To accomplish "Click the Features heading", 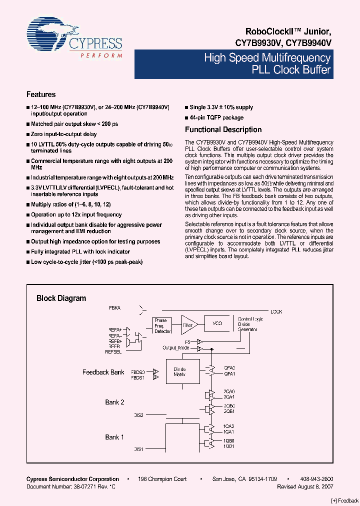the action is click(41, 94).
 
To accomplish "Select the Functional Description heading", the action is click(223, 130).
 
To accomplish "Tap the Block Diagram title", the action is click(61, 298).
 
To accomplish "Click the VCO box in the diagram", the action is click(217, 324).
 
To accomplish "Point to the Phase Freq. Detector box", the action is click(162, 325).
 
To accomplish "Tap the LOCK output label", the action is click(276, 311).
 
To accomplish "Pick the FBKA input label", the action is click(114, 307).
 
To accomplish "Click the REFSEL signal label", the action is click(113, 351).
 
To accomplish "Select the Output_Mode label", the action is click(176, 347).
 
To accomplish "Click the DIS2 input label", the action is click(139, 415).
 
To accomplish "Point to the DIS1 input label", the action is click(139, 449).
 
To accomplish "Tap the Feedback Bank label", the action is click(103, 372).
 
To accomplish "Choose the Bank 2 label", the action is click(114, 402).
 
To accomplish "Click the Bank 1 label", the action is click(114, 437).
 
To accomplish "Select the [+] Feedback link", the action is click(345, 500).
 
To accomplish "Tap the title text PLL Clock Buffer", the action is click(292, 70).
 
